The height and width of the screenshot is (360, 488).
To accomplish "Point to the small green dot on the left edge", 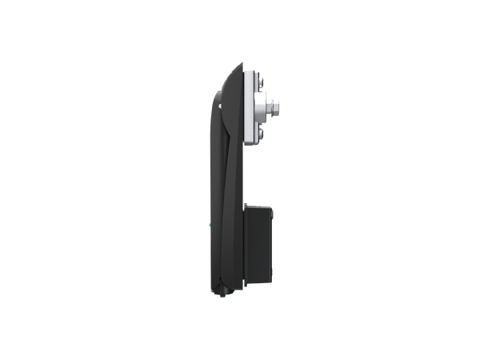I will pos(210,226).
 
